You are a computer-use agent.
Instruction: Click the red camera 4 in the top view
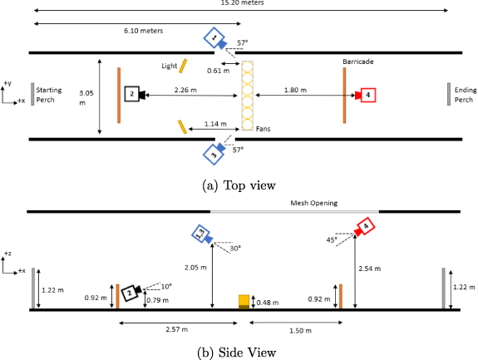click(367, 95)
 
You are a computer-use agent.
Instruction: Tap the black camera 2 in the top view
click(132, 94)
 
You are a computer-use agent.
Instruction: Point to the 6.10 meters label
click(143, 31)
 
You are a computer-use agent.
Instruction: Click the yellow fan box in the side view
click(244, 302)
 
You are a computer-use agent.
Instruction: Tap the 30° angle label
click(237, 248)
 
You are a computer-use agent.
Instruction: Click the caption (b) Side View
click(239, 353)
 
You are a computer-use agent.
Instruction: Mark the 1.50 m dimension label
click(295, 330)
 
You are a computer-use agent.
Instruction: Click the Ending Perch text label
click(464, 94)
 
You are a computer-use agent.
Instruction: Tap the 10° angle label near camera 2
click(166, 286)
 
